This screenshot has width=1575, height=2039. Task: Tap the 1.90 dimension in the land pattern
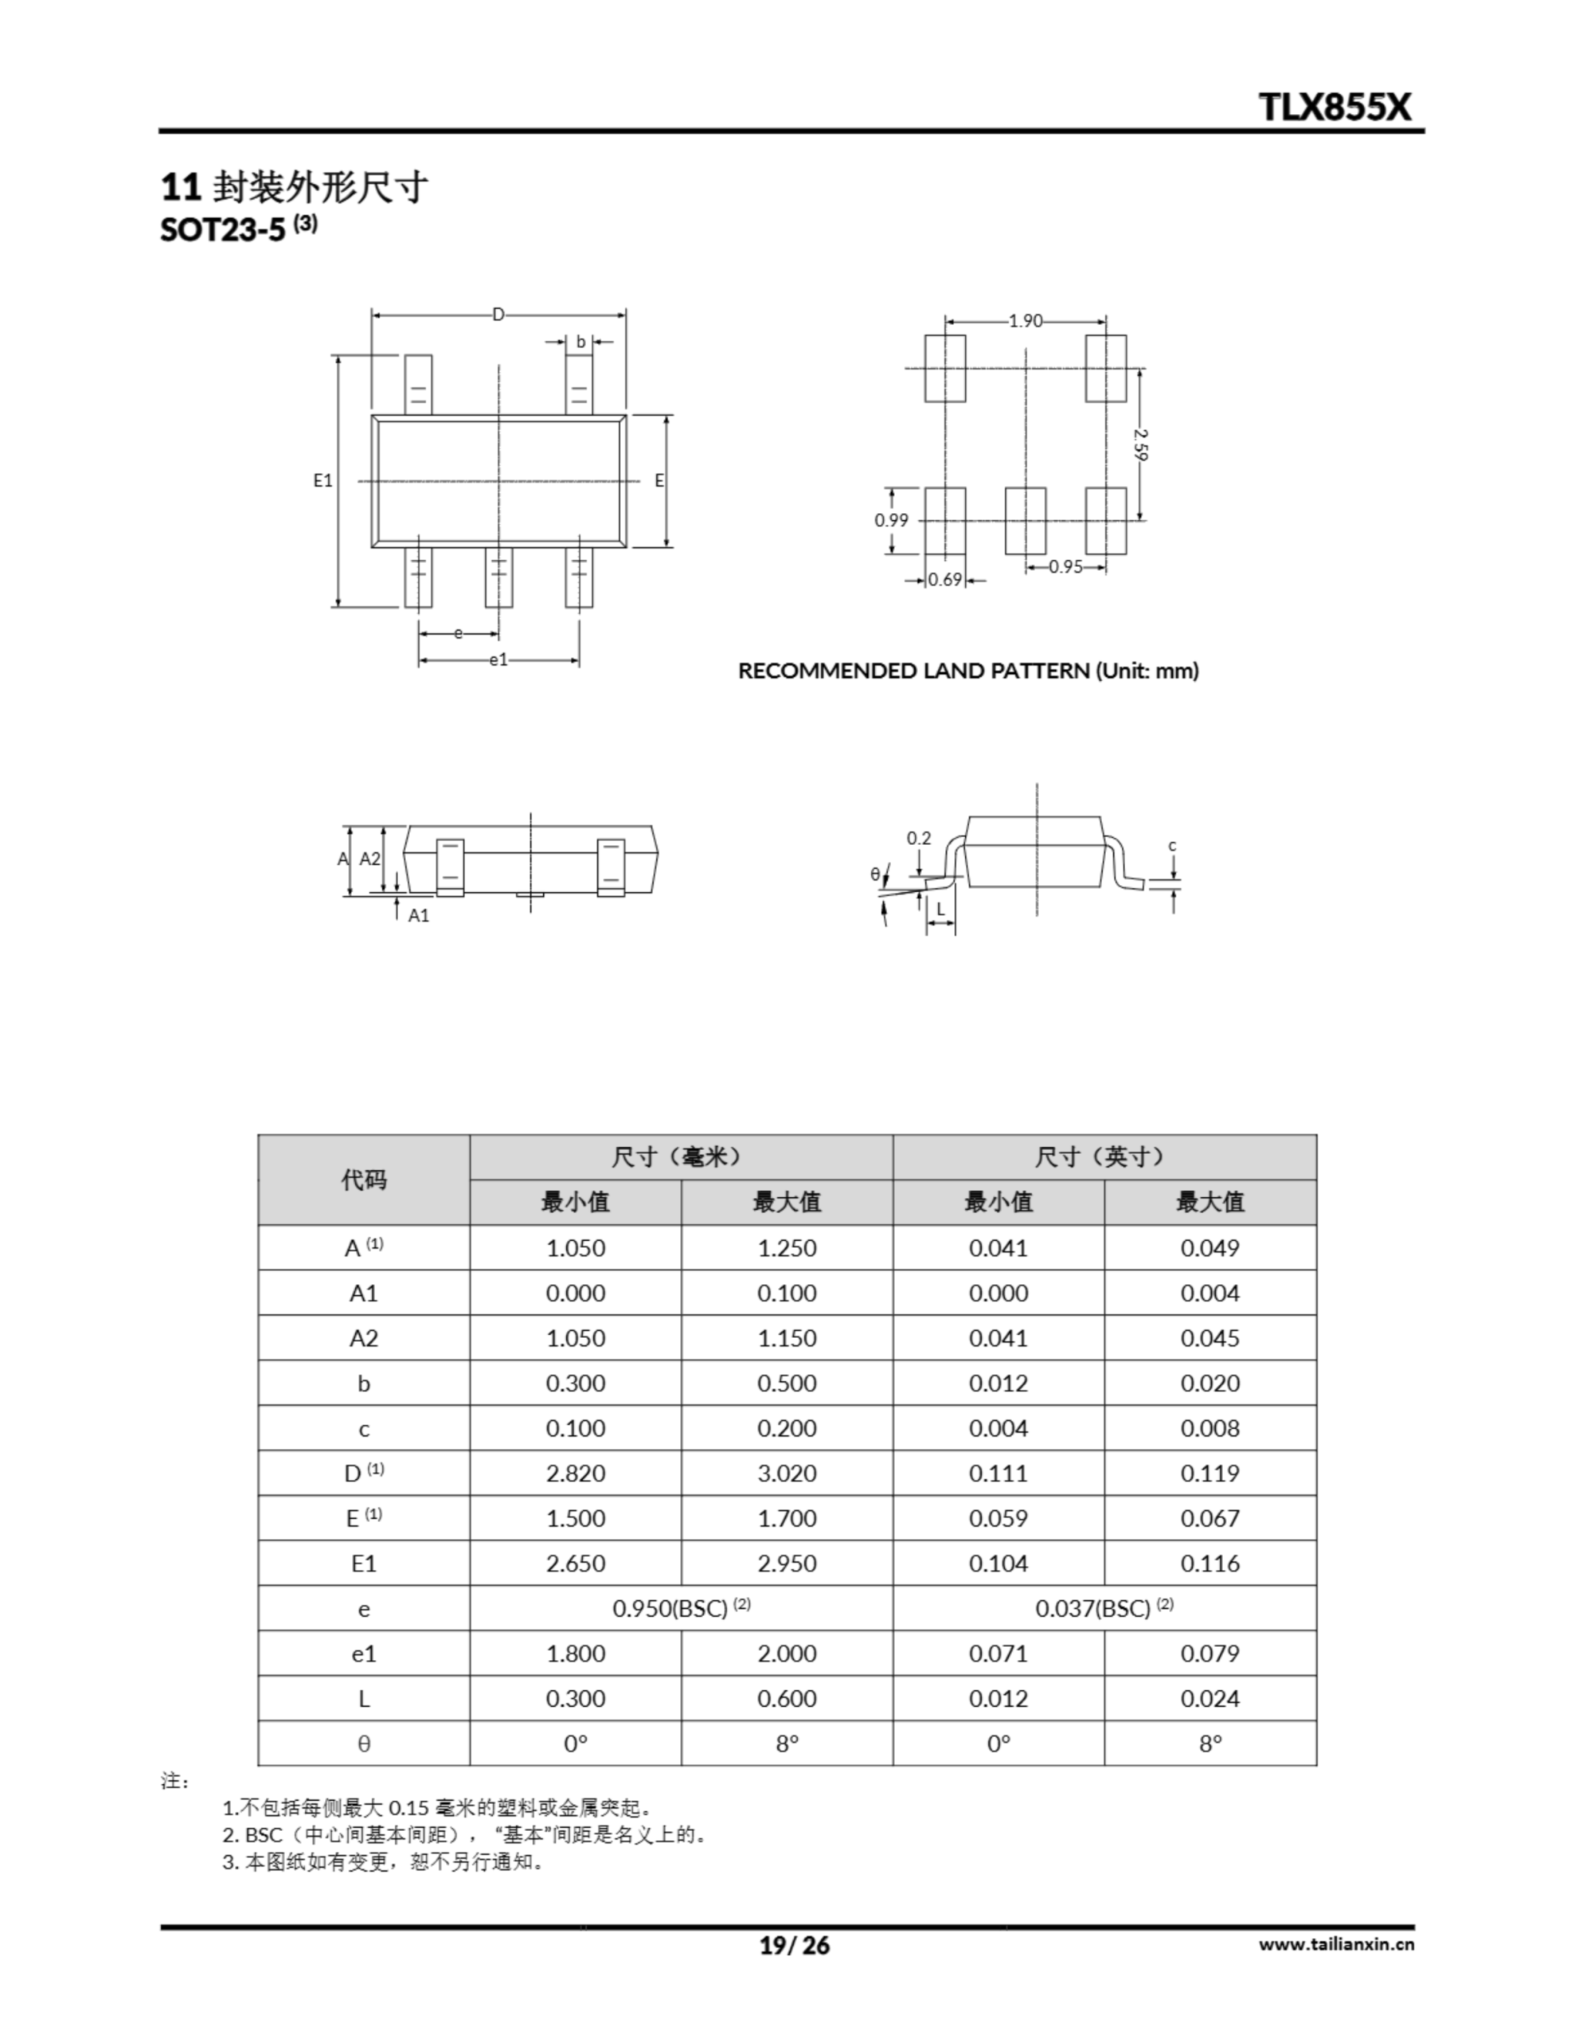1024,321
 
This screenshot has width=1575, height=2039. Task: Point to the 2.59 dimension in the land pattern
1141,444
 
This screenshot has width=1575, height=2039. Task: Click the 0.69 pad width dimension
945,580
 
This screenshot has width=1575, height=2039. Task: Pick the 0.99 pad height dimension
891,520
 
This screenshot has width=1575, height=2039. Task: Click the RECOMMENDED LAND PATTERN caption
968,671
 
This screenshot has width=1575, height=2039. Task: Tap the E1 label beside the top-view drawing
323,481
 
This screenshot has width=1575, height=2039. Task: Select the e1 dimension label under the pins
498,660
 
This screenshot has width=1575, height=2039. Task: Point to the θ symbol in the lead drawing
875,875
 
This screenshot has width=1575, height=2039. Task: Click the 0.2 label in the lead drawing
919,837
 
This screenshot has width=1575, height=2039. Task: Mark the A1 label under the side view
418,916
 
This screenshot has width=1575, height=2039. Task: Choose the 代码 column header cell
363,1180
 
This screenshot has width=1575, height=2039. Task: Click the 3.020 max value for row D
786,1473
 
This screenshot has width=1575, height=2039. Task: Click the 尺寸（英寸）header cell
1104,1157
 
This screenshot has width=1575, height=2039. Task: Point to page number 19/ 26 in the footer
794,1946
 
